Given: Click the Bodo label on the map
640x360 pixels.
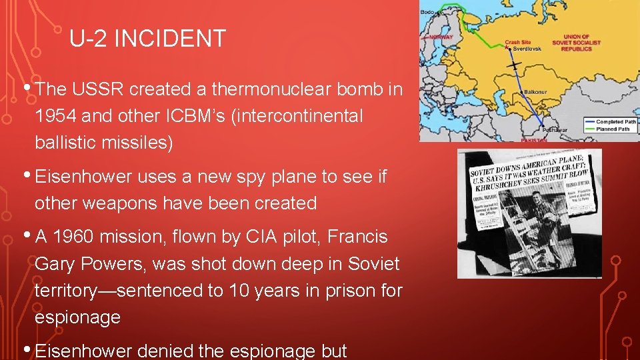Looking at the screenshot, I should tap(428, 12).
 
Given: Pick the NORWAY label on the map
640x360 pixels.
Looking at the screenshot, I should tap(440, 37).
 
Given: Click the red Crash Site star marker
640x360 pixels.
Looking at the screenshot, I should tap(506, 48).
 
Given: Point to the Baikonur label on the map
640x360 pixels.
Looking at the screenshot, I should tap(537, 91).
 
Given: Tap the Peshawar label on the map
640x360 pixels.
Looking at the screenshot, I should tap(554, 129).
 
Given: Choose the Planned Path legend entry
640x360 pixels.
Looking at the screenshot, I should tap(613, 129).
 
